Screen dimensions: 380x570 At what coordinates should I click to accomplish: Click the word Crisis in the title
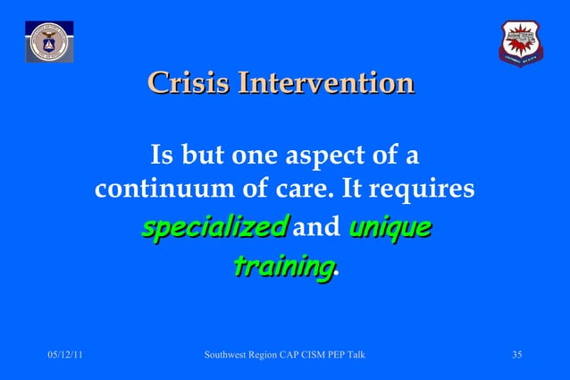click(179, 85)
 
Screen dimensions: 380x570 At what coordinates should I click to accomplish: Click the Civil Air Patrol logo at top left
click(48, 43)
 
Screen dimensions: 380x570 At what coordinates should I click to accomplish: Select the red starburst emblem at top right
click(521, 43)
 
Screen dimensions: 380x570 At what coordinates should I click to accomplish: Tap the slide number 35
click(516, 356)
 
